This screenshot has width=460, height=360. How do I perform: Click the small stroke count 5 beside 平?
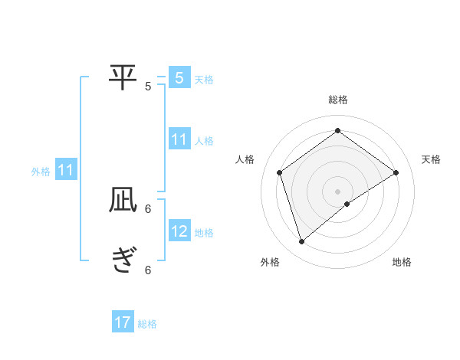tap(148, 87)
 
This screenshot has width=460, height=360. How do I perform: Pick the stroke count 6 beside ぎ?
tap(148, 270)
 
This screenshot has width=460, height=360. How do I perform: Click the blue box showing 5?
tap(179, 78)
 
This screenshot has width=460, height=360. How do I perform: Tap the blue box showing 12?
tap(179, 231)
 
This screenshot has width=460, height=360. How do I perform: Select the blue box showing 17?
tap(123, 323)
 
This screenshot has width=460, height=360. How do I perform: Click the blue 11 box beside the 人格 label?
tap(179, 139)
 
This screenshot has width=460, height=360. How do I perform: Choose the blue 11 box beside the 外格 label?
tap(66, 170)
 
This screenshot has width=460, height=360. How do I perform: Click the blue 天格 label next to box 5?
tap(204, 80)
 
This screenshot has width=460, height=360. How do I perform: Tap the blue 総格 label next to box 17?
tap(147, 324)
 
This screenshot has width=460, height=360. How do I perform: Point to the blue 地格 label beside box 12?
tap(204, 233)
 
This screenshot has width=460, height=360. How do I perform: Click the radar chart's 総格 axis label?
tap(338, 100)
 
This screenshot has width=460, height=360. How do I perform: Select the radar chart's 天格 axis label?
tap(431, 159)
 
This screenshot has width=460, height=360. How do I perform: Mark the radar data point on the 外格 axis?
tap(302, 242)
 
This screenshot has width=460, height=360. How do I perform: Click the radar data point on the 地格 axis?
tap(347, 204)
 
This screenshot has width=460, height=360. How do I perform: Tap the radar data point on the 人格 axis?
tap(279, 172)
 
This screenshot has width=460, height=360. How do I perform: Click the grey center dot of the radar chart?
tap(338, 191)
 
